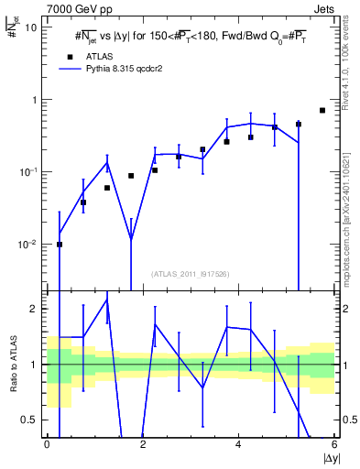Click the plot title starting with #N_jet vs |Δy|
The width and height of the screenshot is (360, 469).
tap(191, 38)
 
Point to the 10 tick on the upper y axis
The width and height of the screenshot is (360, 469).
tap(32, 27)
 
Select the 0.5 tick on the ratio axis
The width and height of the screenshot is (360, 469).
tap(30, 420)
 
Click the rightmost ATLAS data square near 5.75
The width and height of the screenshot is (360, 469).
tap(322, 110)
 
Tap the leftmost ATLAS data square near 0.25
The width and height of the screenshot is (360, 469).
tap(60, 245)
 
